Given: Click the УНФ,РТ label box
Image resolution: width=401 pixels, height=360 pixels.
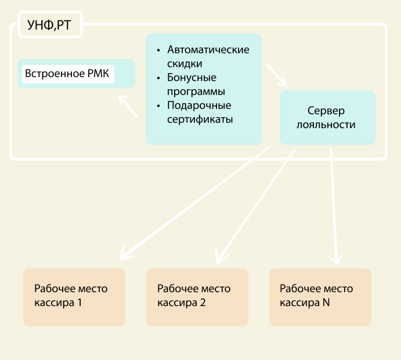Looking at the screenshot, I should click(50, 25).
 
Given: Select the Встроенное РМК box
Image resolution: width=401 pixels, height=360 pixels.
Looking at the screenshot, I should click(76, 74).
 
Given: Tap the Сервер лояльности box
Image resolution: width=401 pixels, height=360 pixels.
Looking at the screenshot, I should click(327, 117).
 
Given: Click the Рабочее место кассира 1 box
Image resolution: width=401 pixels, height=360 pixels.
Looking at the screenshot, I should click(74, 296).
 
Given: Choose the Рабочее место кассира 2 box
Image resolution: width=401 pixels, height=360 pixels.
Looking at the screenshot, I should click(197, 296).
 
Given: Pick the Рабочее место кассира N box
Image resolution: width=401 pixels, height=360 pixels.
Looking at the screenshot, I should click(320, 296).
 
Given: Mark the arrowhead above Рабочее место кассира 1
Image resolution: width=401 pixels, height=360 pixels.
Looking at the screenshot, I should click(124, 255).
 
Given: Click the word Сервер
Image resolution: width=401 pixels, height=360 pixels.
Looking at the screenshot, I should click(326, 110).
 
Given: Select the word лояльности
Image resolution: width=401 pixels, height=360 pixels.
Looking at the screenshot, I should click(326, 124).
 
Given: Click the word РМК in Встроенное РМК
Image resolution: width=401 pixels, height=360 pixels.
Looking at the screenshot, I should click(98, 74).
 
